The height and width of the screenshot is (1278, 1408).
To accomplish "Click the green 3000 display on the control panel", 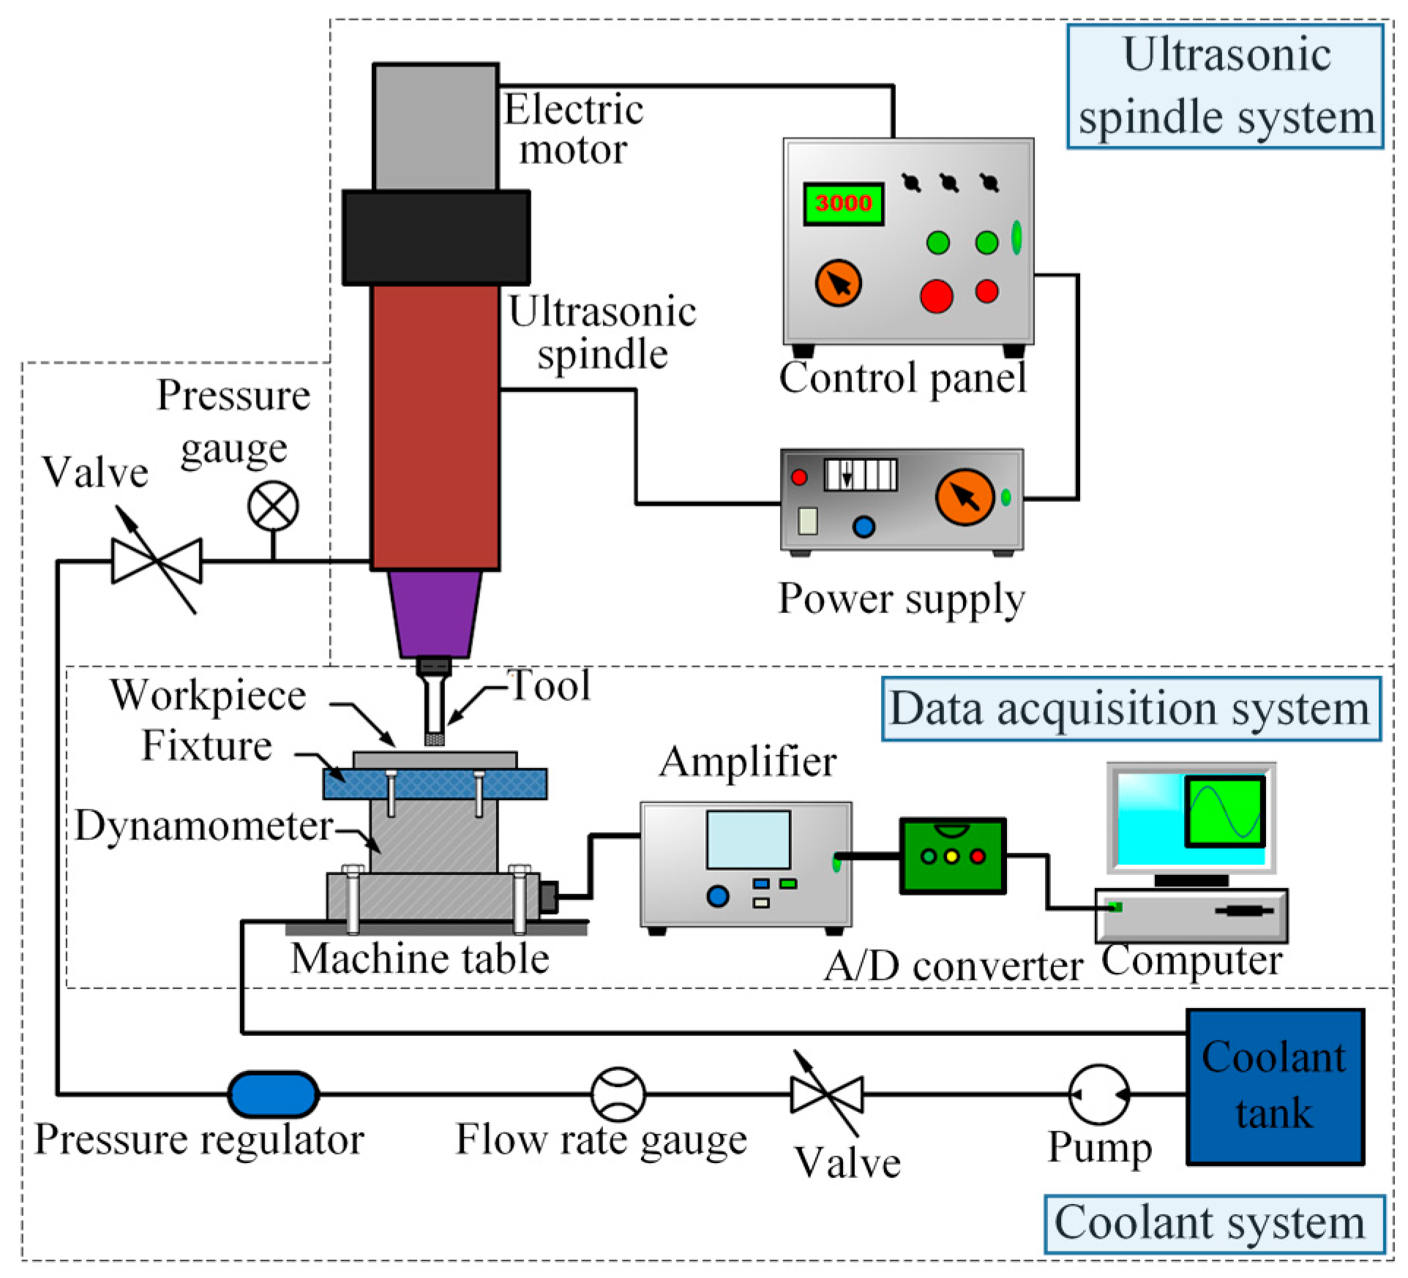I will point(843,203).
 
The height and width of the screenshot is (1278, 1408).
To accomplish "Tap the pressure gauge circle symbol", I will point(273,506).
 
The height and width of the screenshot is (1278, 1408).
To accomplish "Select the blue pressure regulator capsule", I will point(273,1094).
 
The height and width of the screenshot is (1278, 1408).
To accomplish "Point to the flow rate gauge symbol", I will point(618,1094).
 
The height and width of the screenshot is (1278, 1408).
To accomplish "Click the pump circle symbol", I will point(1098,1094).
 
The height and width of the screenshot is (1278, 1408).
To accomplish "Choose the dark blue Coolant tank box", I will point(1274,1086).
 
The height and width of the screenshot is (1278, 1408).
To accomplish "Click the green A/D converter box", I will point(952,855).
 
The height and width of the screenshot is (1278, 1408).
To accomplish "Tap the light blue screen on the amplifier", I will point(748,839).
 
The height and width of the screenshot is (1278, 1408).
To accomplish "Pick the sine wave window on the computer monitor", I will point(1225,811).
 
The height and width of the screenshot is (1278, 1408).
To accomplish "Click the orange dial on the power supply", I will point(965,497).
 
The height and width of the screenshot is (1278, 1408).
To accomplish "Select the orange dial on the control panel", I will point(838,284).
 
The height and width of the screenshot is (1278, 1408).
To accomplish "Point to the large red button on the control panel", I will point(936,296).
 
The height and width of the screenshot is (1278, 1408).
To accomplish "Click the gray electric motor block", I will point(436,126).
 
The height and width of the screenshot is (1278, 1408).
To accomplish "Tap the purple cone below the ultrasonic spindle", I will point(435,613).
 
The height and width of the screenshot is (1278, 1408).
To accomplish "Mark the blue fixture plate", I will point(435,783).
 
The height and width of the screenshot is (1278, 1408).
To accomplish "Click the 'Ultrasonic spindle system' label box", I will point(1225,86).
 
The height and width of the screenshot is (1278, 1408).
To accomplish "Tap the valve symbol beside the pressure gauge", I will point(157,561).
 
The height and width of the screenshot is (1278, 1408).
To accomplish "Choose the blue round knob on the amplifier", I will point(718,895).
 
